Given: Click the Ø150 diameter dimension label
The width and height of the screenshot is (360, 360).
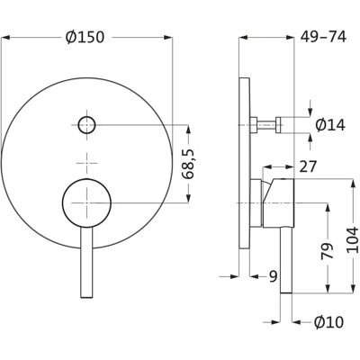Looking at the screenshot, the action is [x=85, y=38].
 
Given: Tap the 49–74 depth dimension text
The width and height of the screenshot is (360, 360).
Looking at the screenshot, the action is [x=323, y=37].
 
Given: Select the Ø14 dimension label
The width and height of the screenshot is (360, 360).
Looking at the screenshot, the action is [x=330, y=125].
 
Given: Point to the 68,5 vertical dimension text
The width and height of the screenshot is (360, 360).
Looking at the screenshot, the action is [x=189, y=164].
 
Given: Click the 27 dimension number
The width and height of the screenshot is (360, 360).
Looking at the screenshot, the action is [x=308, y=166].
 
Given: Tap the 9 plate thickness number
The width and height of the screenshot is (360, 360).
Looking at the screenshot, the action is [x=273, y=276].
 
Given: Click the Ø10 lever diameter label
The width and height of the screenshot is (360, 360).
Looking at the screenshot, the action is [x=328, y=322].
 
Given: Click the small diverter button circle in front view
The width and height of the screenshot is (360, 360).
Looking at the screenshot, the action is [x=86, y=125].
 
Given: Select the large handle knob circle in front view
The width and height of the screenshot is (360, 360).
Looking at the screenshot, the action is [x=86, y=202].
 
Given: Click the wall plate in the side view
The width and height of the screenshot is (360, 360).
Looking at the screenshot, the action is [x=245, y=163].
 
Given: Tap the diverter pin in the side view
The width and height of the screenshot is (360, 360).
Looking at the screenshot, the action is [x=266, y=125].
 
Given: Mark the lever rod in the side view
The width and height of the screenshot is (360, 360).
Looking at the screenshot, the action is [x=286, y=259].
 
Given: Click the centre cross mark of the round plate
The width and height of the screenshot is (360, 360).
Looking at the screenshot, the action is [x=86, y=163].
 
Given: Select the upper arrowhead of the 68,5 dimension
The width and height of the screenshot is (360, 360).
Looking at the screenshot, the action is [x=188, y=130].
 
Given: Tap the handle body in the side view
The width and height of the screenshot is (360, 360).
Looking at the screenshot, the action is [x=278, y=202].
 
